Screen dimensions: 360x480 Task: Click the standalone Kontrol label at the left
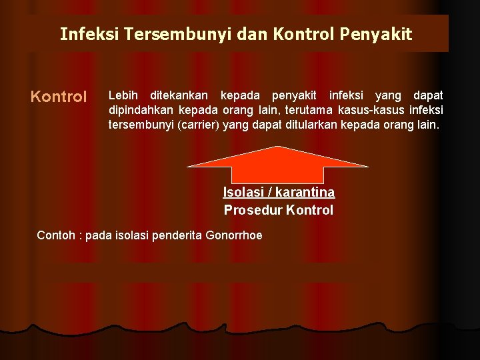pyautogui.click(x=59, y=97)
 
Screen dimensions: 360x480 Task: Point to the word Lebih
pyautogui.click(x=123, y=96)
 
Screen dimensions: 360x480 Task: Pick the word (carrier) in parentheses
pyautogui.click(x=195, y=124)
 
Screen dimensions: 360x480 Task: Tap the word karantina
pyautogui.click(x=305, y=193)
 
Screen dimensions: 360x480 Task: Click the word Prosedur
pyautogui.click(x=253, y=211)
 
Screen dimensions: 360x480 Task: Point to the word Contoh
pyautogui.click(x=55, y=235)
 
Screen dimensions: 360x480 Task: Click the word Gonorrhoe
pyautogui.click(x=234, y=235)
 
